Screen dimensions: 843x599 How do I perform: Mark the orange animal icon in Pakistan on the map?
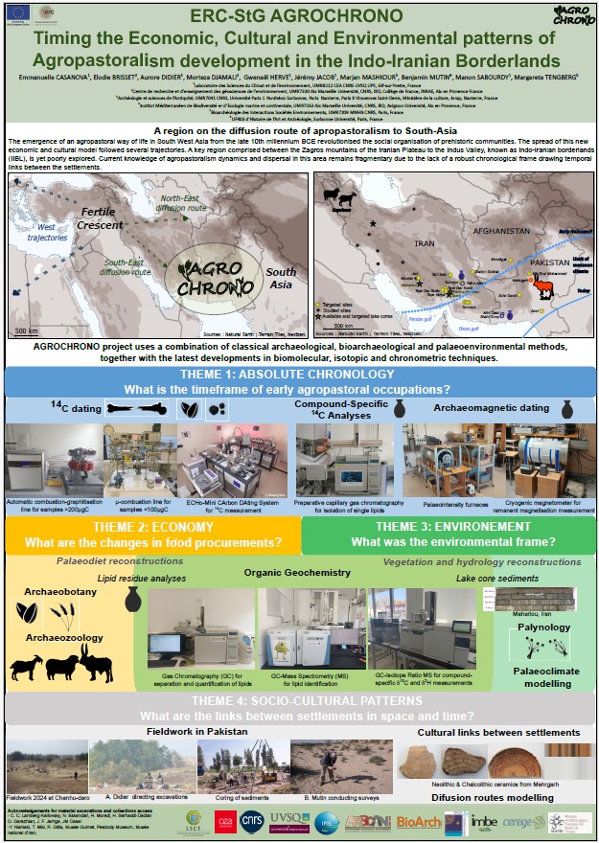[x=542, y=284]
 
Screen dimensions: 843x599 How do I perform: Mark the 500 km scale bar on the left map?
[x=29, y=329]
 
